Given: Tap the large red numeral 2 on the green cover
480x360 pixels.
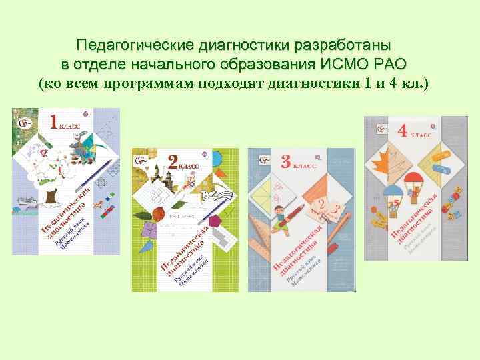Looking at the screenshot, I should pyautogui.click(x=171, y=163).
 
